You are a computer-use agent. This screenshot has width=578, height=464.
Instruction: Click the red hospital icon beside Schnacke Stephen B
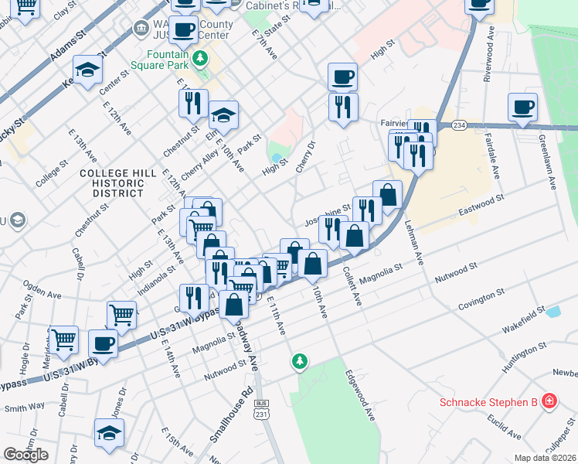(x=549, y=401)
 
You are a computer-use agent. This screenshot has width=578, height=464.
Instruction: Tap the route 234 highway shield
(x=459, y=125)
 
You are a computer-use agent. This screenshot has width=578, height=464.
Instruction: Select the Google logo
(x=25, y=455)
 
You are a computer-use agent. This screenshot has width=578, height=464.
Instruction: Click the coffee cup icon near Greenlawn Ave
(x=522, y=107)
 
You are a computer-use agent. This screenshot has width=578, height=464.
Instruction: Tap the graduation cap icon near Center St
(x=88, y=71)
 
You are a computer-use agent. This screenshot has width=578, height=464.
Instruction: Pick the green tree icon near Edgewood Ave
(x=299, y=361)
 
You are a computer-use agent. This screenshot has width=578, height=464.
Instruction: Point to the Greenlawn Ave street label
(x=546, y=162)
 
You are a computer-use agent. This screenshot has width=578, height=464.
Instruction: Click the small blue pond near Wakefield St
(x=552, y=312)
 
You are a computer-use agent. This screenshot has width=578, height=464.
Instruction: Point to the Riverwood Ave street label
(x=488, y=55)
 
